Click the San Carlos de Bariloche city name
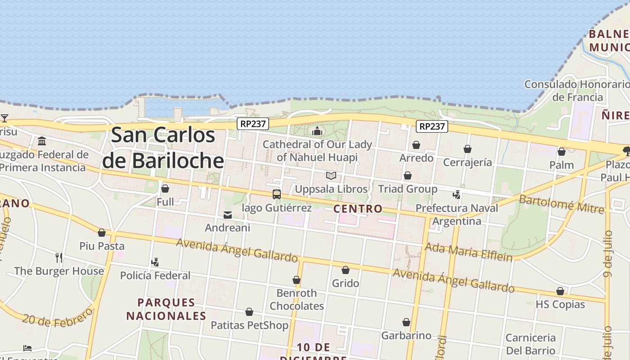(x=163, y=148)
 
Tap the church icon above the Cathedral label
(x=317, y=131)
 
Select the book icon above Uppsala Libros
(x=331, y=175)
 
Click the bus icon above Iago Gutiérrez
(x=277, y=194)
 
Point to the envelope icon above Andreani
(x=228, y=215)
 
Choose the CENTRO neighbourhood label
(x=358, y=209)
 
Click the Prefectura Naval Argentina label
(x=457, y=215)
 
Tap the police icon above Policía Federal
(x=155, y=262)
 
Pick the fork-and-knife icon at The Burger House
(x=58, y=257)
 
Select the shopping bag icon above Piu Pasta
(x=102, y=233)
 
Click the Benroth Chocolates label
(x=297, y=299)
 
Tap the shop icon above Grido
(x=346, y=270)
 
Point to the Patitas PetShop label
(x=249, y=325)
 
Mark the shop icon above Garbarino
(x=406, y=322)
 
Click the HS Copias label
(x=560, y=304)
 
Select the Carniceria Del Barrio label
(x=531, y=344)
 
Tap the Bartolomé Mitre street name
(x=561, y=203)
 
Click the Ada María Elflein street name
(x=468, y=252)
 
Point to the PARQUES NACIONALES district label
(x=166, y=309)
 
